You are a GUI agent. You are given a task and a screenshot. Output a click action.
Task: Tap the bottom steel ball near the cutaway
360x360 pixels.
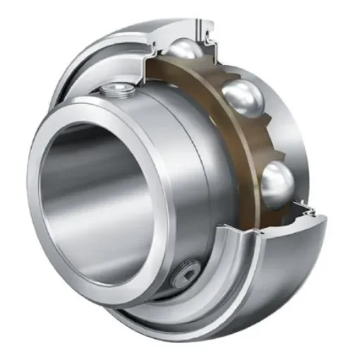pos(277,181)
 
